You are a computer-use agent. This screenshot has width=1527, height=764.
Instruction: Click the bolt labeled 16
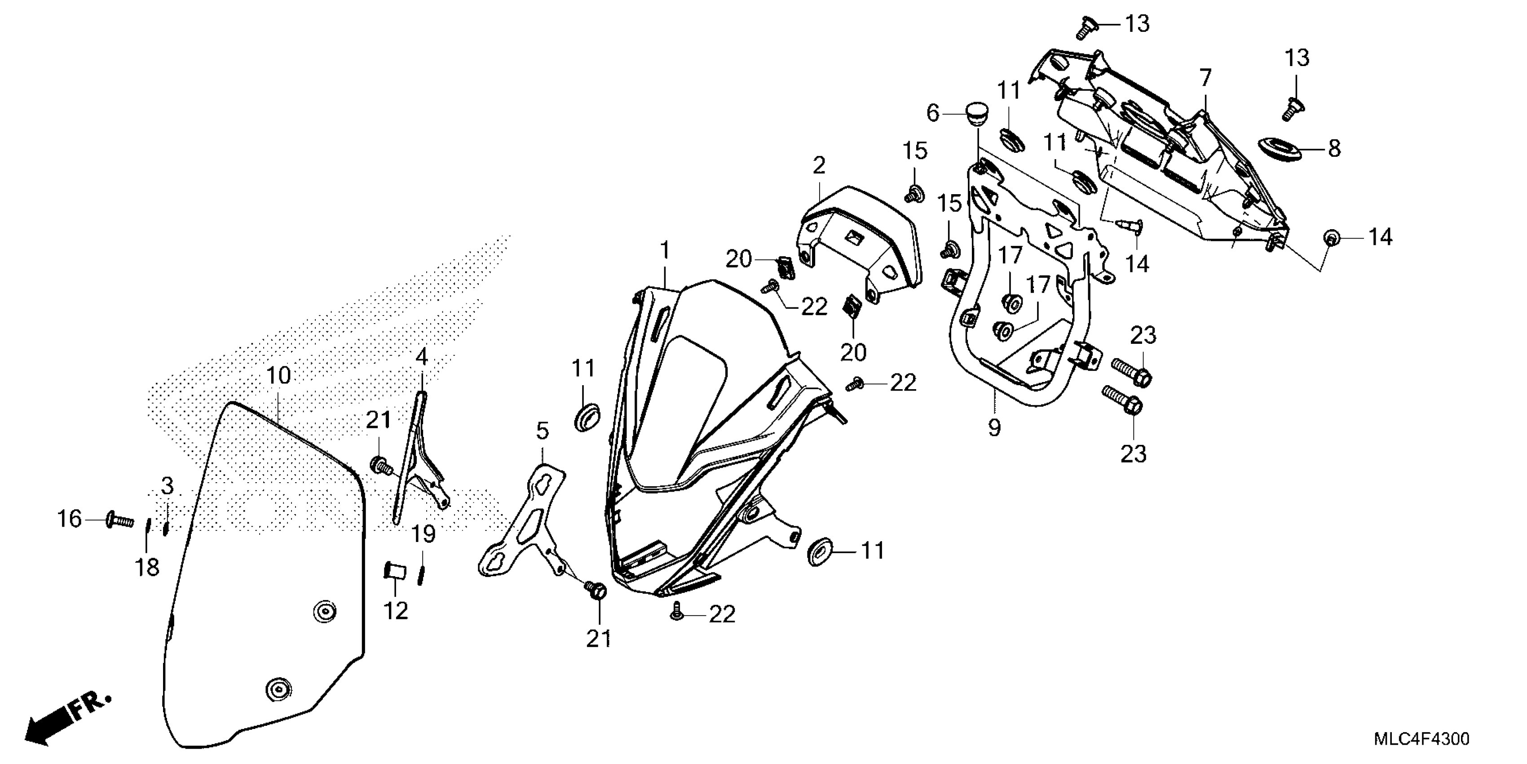pos(120,521)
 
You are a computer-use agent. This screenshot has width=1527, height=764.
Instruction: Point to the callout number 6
pos(932,113)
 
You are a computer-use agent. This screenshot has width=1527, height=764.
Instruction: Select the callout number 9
pos(994,427)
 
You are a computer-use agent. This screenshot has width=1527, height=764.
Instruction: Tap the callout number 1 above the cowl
pos(665,250)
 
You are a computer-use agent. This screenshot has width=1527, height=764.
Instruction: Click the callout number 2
pos(819,165)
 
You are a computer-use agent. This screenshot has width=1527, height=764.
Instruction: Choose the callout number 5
pos(543,431)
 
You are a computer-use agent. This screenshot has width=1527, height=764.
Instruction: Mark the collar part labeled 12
pos(395,571)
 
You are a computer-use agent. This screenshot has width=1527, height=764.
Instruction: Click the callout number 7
pos(1205,78)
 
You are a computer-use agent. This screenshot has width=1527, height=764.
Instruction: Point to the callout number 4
pos(421,357)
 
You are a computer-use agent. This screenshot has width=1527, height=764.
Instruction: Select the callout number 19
pos(424,534)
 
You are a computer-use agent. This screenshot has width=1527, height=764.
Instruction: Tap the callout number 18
pos(147,568)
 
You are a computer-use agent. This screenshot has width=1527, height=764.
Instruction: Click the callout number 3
pos(168,486)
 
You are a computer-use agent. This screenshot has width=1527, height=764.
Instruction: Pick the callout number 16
pos(69,520)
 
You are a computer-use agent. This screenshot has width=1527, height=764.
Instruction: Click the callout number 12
pos(395,611)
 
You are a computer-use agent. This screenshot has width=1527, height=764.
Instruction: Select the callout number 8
pos(1334,149)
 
